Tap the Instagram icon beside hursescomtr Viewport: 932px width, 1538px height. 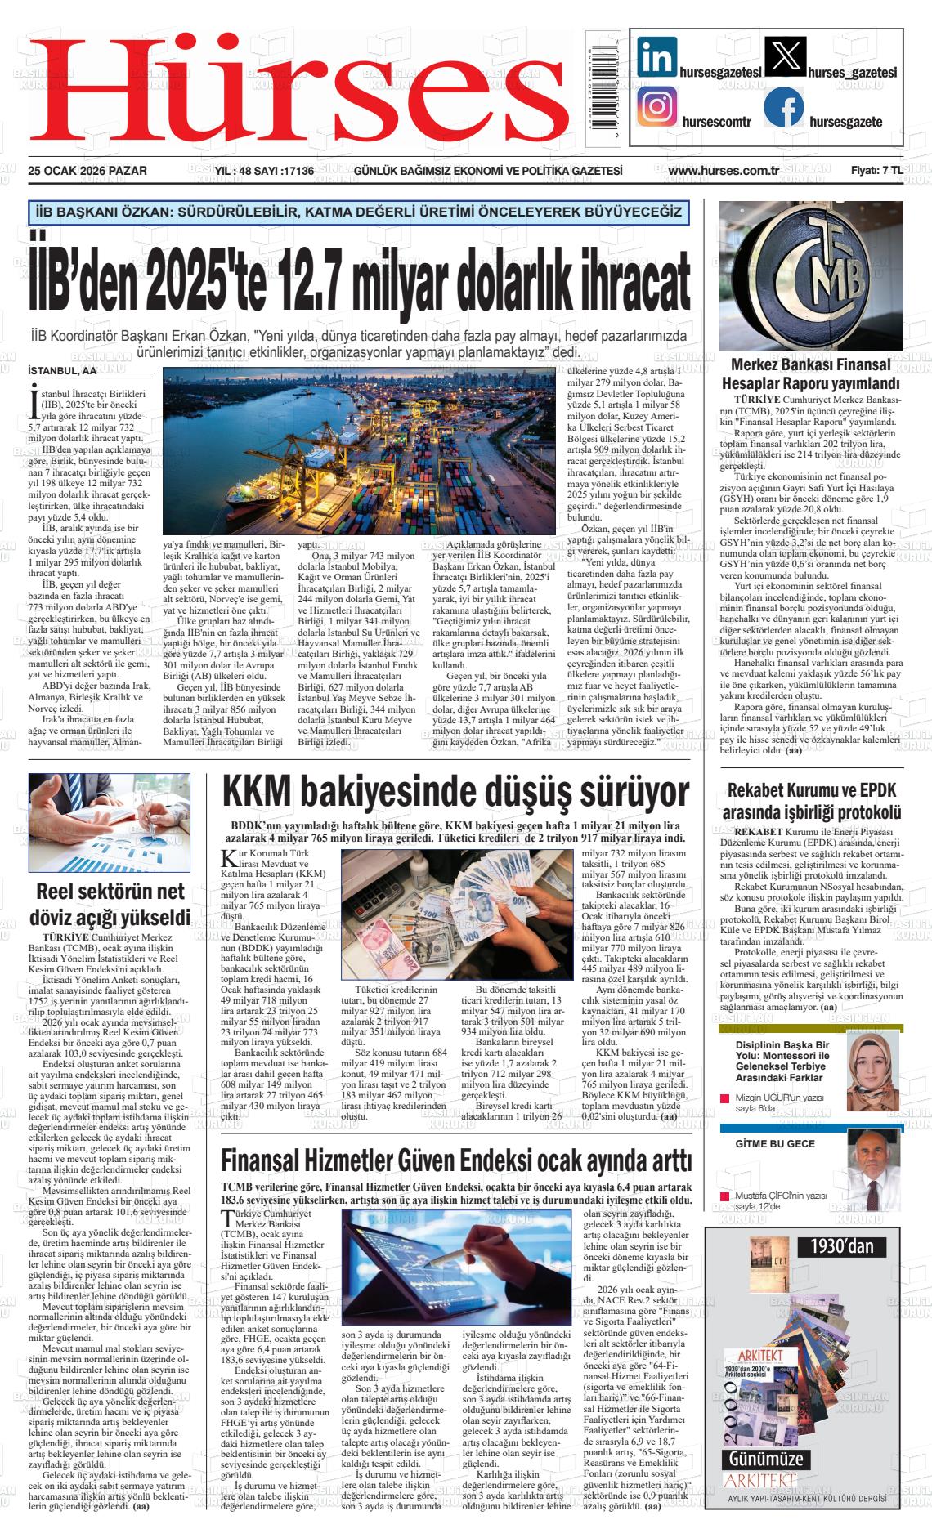(x=656, y=107)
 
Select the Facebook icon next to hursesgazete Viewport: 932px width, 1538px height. (x=784, y=107)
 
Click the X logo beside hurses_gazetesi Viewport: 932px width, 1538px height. (x=784, y=59)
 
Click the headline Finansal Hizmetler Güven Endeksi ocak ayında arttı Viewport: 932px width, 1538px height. (x=456, y=1160)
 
